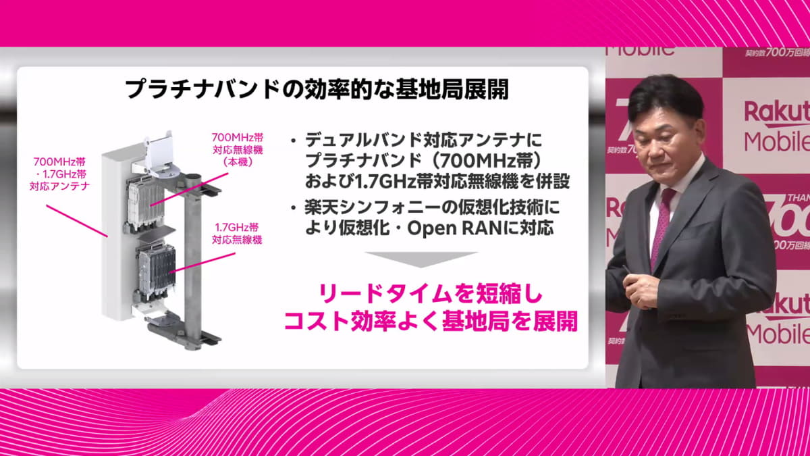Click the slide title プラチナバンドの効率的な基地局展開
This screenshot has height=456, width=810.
point(317,91)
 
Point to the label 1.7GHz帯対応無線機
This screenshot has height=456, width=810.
point(237,232)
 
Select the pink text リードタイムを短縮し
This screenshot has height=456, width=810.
point(430,296)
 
